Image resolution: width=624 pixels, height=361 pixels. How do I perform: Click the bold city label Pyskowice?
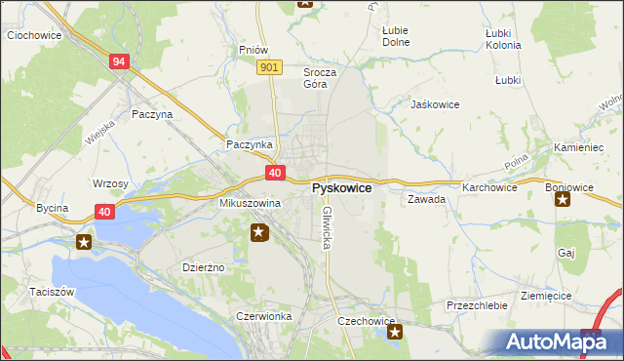point(340,187)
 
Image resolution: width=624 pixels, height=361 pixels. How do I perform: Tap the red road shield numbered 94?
point(118,61)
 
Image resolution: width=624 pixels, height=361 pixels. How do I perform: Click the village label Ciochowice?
point(34,35)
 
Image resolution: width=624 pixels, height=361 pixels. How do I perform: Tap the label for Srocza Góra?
point(320,78)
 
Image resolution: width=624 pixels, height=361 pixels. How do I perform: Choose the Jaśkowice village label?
point(435,103)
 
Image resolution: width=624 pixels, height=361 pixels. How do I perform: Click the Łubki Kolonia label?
point(503,38)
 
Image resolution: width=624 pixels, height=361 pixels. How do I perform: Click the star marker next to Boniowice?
point(563,200)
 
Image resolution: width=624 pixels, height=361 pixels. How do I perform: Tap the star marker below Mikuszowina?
point(259,232)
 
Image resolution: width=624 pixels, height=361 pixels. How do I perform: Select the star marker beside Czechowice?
point(395,333)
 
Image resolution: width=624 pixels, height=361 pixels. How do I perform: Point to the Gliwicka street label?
point(327,226)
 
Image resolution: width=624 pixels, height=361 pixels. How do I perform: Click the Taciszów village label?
point(25,292)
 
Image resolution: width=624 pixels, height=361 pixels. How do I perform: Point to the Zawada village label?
point(427,199)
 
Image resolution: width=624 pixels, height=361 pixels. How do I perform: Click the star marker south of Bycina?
point(84,242)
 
